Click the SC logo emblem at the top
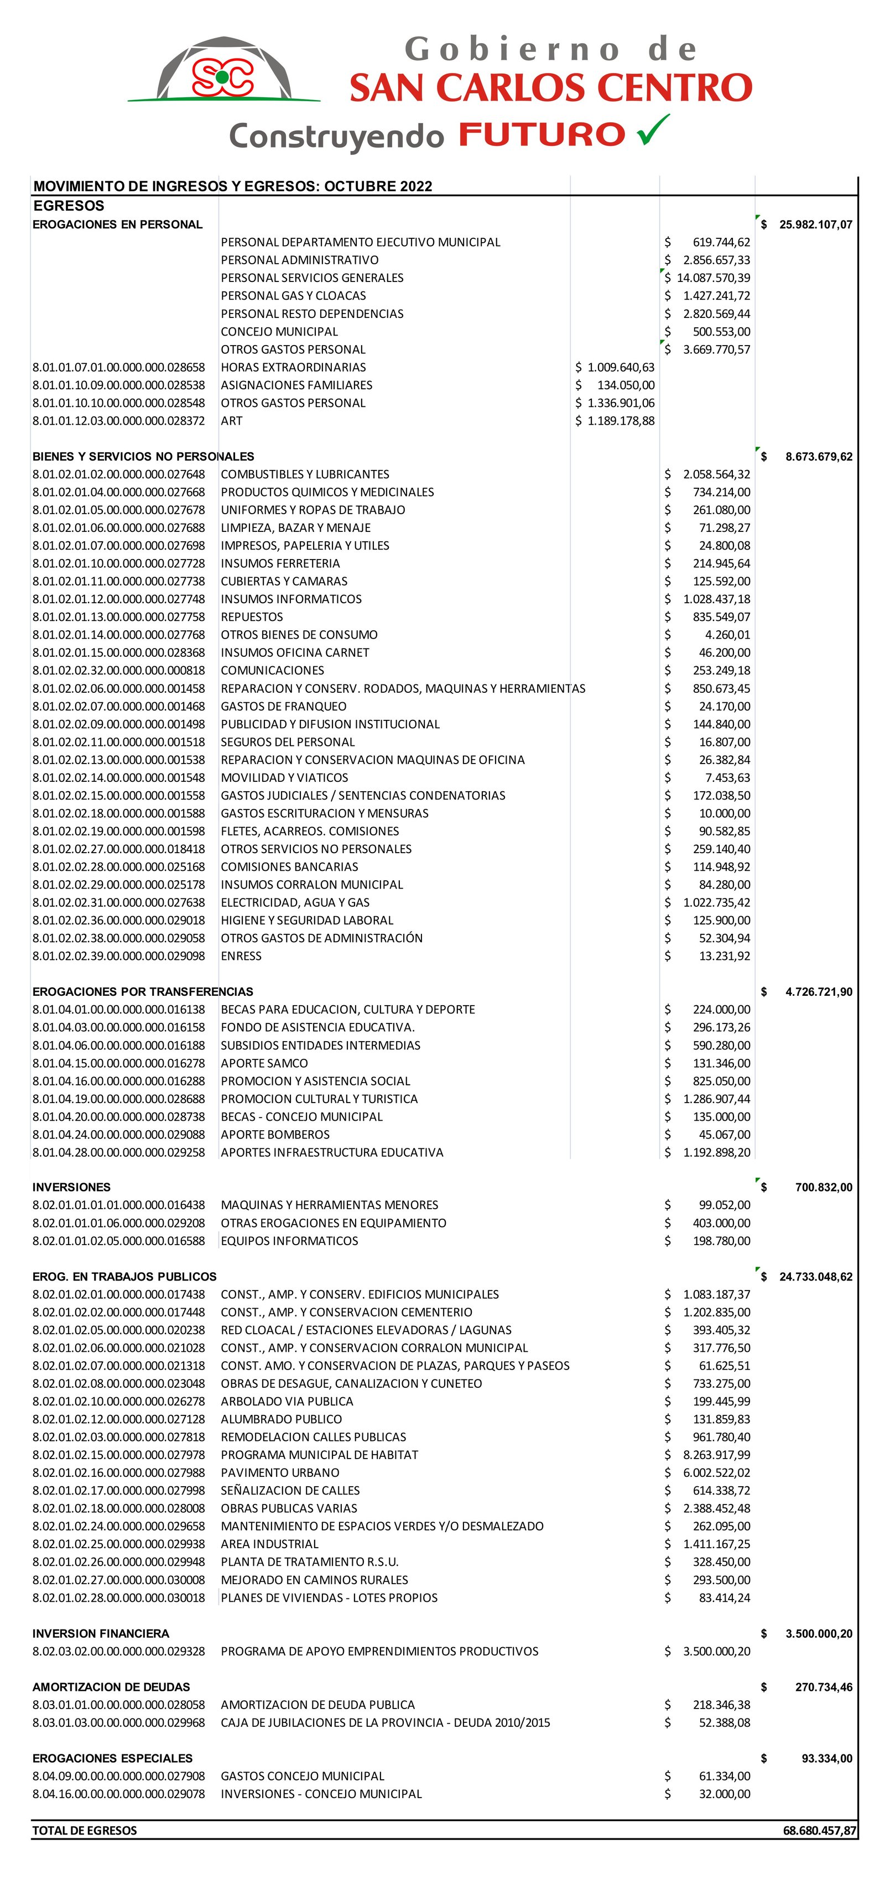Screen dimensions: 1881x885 [x=223, y=76]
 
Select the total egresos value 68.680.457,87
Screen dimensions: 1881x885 [x=819, y=1831]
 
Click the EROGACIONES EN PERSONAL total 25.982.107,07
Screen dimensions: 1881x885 [x=815, y=224]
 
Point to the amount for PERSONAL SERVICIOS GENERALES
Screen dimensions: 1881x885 [x=712, y=278]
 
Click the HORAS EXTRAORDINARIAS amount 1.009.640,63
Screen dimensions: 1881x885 [x=621, y=367]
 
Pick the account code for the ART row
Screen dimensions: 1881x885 [x=118, y=421]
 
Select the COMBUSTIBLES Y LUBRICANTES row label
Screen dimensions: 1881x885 [x=305, y=474]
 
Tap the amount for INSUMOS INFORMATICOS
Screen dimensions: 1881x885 [x=716, y=599]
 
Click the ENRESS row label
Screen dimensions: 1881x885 [x=241, y=956]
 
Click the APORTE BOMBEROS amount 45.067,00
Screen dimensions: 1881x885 [x=723, y=1134]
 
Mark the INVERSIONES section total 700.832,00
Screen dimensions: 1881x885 [x=823, y=1187]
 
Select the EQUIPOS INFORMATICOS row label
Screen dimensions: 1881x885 [x=289, y=1241]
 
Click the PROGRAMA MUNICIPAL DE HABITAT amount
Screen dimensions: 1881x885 [x=716, y=1455]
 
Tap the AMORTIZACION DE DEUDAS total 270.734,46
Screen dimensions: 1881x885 [x=823, y=1687]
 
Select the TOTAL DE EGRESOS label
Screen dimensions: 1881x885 [x=84, y=1831]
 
